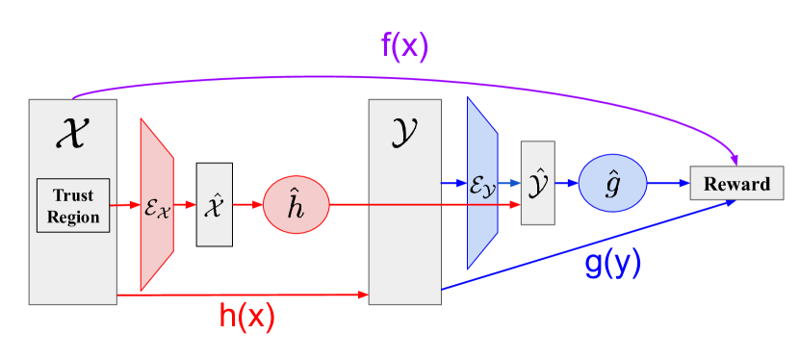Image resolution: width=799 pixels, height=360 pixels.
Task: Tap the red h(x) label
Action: [x=247, y=317]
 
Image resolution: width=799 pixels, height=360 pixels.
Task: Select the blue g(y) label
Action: [x=612, y=267]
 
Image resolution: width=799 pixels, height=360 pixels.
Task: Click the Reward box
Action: [x=736, y=183]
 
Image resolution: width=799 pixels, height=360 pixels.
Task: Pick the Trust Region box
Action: [x=74, y=205]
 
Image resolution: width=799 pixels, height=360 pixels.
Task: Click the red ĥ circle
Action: [x=296, y=205]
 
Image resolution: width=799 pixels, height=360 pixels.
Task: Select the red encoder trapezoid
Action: [x=156, y=205]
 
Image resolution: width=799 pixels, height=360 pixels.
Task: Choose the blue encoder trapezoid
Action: [x=481, y=182]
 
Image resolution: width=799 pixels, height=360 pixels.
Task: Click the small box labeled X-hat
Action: [x=214, y=204]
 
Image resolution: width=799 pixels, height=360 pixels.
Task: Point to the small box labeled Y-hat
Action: [x=537, y=182]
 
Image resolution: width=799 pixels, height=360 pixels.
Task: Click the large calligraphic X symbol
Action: [x=73, y=132]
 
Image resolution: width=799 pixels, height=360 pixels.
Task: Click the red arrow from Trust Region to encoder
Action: [x=126, y=205]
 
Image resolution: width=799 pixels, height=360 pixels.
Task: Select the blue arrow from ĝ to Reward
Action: [x=667, y=182]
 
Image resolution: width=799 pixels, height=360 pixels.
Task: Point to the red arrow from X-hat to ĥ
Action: [x=247, y=205]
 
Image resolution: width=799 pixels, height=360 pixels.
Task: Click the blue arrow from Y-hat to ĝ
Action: [x=567, y=182]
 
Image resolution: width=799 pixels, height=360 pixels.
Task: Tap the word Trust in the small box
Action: [x=74, y=195]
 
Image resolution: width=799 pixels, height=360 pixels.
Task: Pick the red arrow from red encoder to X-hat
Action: [x=185, y=205]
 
